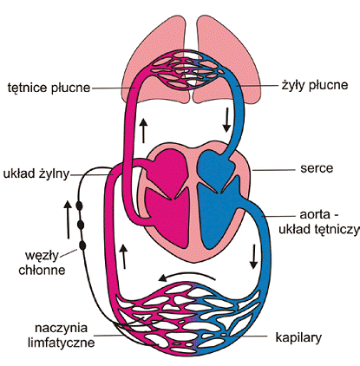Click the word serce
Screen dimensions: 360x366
coord(317,168)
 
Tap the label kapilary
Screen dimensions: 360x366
coord(298,337)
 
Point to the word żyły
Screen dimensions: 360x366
coord(293,86)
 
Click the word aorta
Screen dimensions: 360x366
coord(314,215)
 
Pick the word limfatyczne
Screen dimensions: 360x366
coord(62,343)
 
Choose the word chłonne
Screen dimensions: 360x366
coord(42,270)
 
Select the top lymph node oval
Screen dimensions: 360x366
coord(79,206)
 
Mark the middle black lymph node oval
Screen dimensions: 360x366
coord(81,225)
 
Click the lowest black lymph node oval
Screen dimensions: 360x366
coord(82,245)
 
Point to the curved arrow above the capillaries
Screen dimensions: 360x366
coord(187,277)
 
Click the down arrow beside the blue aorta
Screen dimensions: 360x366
coord(253,257)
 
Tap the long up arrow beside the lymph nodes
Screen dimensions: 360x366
coord(68,219)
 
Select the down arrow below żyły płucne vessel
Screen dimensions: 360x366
coord(226,121)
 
